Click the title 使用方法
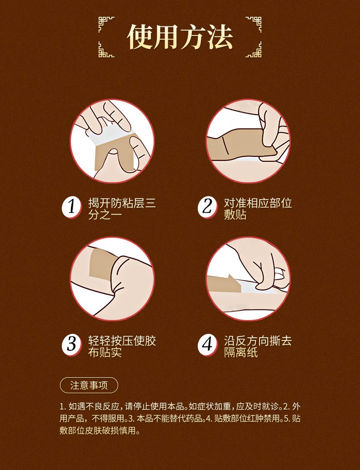point(180,37)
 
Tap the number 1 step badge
point(72,207)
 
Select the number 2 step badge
point(207,207)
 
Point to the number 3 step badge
point(72,345)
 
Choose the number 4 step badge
point(207,345)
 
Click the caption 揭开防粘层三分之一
point(122,209)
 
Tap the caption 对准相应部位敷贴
point(258,209)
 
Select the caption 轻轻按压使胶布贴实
point(122,346)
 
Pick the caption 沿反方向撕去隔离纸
point(258,346)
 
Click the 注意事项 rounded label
point(89,385)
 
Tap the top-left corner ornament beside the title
point(106,24)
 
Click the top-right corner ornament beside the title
point(254,24)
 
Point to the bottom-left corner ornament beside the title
point(106,50)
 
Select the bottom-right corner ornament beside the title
point(254,50)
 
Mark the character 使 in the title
point(140,37)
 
